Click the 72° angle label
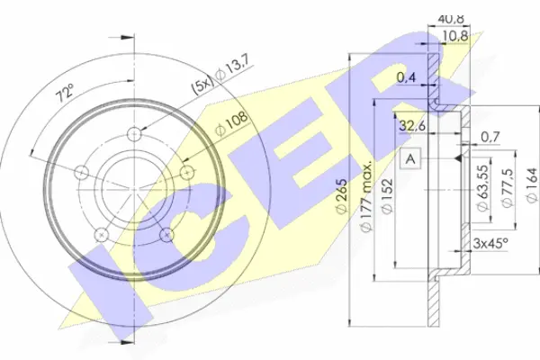65,92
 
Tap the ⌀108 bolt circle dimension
231,124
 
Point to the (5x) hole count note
204,85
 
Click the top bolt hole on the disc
134,133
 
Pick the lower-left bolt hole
101,234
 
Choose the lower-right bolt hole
166,234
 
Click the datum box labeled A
410,158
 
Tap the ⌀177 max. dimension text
366,195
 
